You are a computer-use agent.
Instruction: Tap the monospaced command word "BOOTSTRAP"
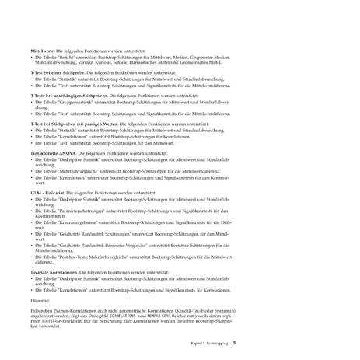(57, 319)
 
